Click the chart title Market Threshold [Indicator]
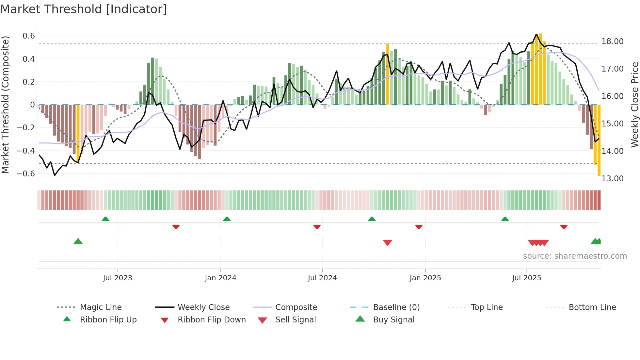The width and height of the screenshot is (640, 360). point(84,9)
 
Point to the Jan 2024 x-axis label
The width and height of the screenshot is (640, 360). point(220,278)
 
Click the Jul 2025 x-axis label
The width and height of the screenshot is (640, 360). point(526,278)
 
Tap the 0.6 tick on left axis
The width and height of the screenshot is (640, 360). point(29,36)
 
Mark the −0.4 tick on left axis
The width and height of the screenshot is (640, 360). point(26,151)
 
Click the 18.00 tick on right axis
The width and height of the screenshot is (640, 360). point(612,41)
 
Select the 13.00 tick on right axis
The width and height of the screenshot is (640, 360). point(612,179)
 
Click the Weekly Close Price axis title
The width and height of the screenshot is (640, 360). point(634,105)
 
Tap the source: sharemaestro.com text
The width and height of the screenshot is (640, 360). point(575,256)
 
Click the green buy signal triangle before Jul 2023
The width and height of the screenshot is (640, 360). point(78,241)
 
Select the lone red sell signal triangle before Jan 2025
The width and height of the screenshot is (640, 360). point(387,243)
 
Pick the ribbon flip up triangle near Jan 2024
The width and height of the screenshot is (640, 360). point(227,219)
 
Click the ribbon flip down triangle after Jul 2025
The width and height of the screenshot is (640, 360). point(564,227)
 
